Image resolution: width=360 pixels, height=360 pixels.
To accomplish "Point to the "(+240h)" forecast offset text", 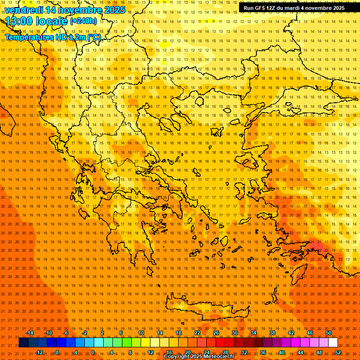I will click(83, 21).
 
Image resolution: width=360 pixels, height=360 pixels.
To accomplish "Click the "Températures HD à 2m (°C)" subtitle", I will click(52, 37).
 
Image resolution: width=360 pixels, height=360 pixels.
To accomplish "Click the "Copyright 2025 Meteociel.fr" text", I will click(199, 357).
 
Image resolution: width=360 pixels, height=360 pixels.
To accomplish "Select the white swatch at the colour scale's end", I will click(333, 343).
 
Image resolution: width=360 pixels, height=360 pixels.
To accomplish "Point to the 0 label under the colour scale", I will click(93, 352).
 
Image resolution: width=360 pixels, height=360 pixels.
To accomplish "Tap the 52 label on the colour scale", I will click(338, 352).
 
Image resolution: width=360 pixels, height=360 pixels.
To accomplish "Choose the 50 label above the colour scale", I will click(329, 333).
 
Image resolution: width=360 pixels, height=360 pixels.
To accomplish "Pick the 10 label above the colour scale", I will click(141, 333).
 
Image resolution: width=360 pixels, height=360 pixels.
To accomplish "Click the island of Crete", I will click(206, 309).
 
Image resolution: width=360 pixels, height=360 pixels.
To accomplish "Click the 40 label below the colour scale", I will click(281, 352).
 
